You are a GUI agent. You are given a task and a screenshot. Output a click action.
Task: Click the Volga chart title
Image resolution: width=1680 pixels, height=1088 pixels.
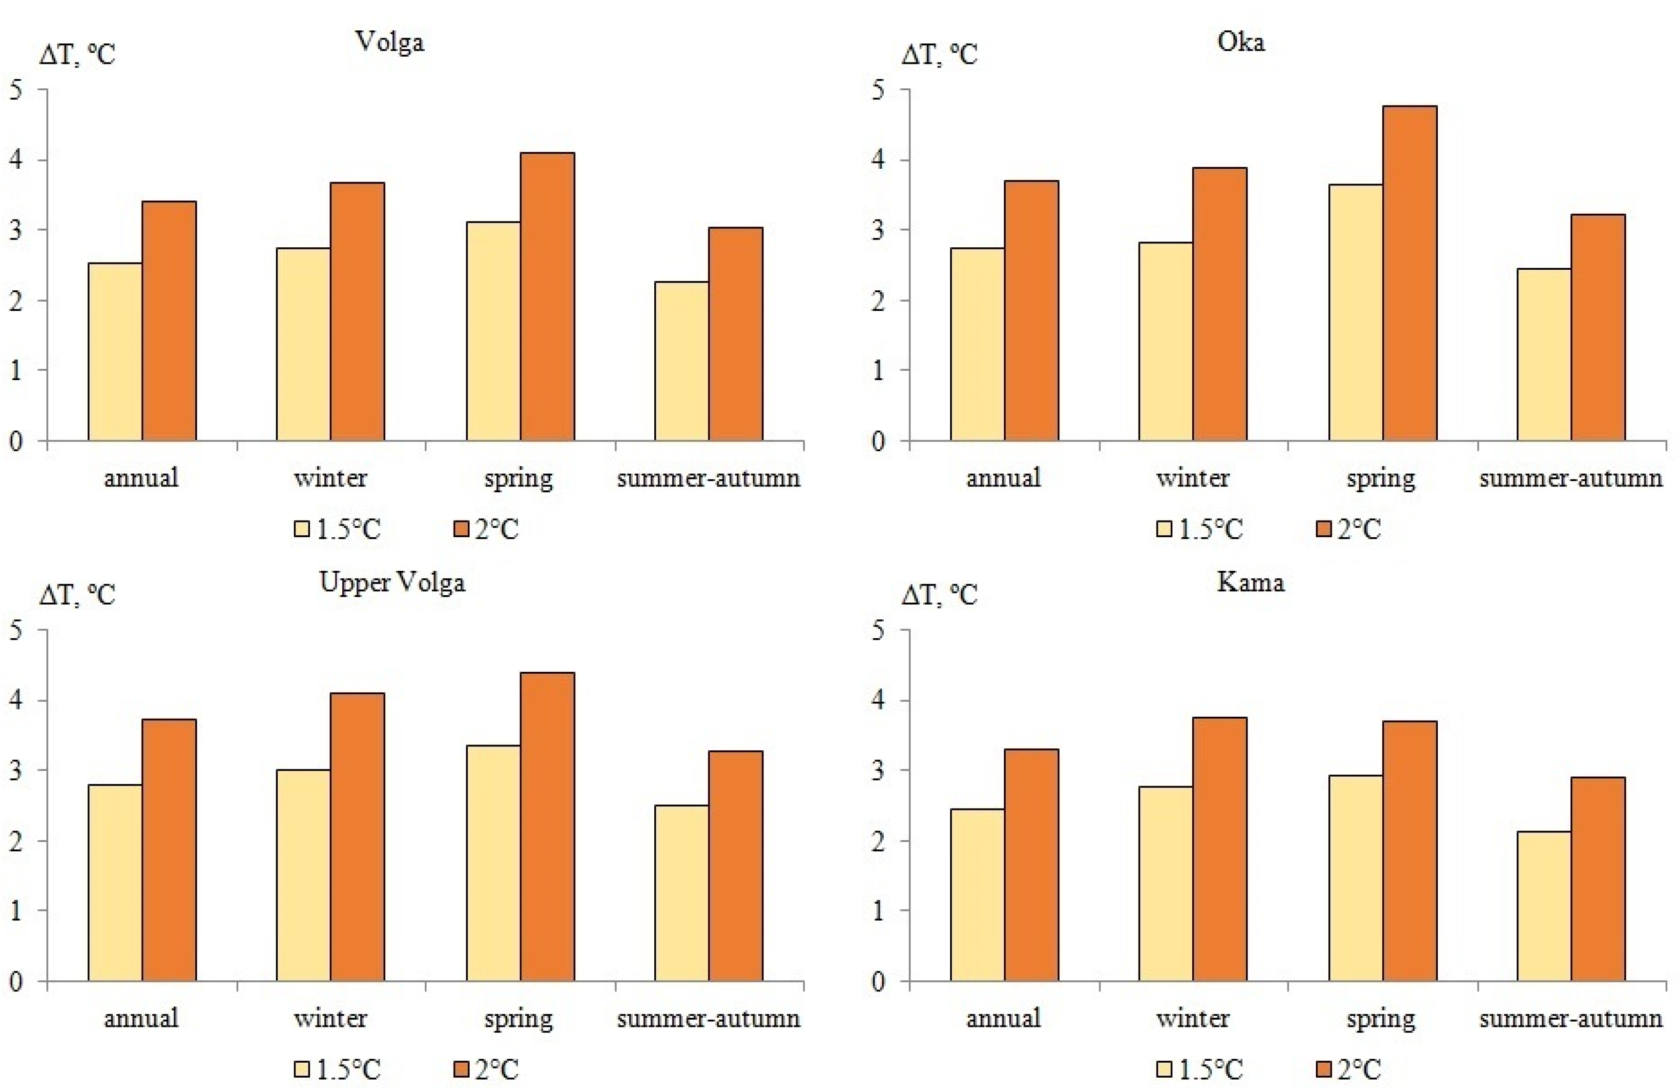pos(390,42)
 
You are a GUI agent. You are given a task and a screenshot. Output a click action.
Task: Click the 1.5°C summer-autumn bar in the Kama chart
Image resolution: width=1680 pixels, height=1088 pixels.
pos(1544,906)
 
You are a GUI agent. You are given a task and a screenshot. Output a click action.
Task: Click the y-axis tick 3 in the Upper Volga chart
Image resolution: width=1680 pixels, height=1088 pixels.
pos(16,770)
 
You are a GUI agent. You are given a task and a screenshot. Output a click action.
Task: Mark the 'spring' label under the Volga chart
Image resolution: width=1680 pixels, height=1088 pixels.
pos(518,479)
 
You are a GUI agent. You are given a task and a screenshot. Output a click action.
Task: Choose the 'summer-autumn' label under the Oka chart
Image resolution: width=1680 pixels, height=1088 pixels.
pos(1571,479)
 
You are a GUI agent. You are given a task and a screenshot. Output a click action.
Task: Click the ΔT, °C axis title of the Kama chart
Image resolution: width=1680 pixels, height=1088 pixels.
pos(939,595)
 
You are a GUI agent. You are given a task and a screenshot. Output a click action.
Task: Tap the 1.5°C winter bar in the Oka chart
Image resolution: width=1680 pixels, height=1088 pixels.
pos(1165,342)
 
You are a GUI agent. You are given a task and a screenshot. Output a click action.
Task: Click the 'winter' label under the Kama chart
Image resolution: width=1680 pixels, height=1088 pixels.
pos(1192,1019)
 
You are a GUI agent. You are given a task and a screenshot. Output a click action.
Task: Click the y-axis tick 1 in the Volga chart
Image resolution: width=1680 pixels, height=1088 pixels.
pos(16,370)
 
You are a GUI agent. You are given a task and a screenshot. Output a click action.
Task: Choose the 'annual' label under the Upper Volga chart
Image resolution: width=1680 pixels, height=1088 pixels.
pos(141,1019)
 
